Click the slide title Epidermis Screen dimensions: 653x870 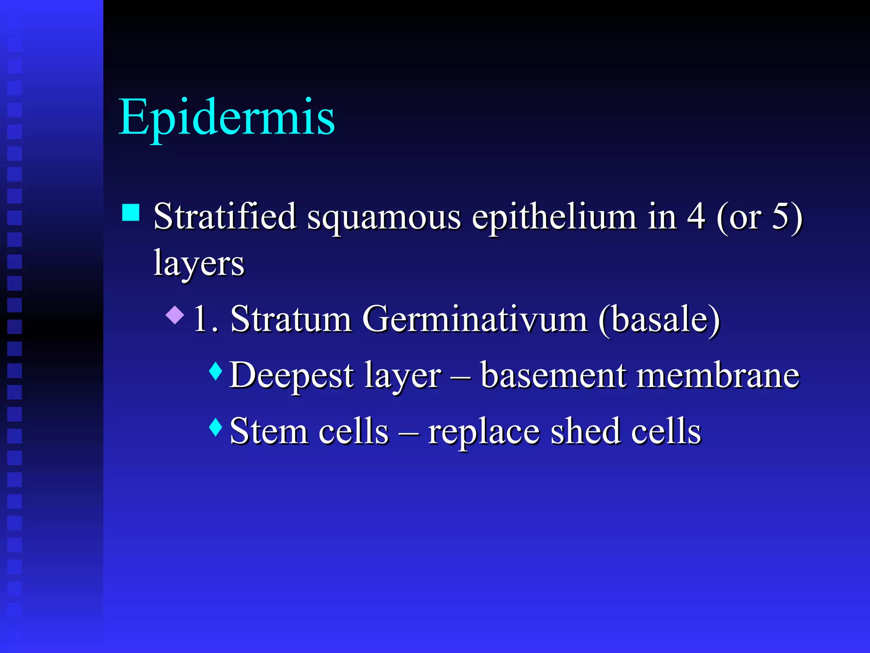click(x=227, y=117)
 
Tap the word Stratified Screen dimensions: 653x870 click(x=225, y=216)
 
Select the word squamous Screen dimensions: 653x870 click(x=384, y=218)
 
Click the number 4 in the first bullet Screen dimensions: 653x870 click(x=696, y=216)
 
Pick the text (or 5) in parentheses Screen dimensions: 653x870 click(x=760, y=217)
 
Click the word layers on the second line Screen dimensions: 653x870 click(x=199, y=264)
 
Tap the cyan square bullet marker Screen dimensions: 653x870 click(x=131, y=213)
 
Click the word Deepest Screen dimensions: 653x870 click(x=291, y=376)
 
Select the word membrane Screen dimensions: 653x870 click(x=718, y=375)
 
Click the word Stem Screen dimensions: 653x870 click(x=268, y=431)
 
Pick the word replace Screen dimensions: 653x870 click(x=484, y=433)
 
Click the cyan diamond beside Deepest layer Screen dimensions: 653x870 click(x=216, y=371)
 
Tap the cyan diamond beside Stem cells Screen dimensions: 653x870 click(x=216, y=427)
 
